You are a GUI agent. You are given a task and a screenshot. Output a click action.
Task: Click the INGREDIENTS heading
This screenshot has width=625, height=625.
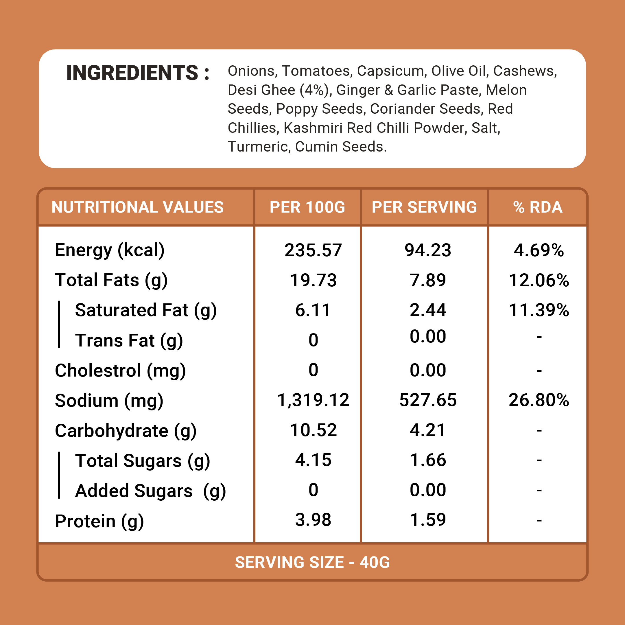137,73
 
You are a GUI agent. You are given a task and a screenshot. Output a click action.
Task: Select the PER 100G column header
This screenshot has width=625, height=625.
307,207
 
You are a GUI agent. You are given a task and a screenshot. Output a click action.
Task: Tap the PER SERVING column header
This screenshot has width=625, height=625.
424,207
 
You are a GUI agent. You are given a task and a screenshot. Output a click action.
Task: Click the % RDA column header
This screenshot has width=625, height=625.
538,207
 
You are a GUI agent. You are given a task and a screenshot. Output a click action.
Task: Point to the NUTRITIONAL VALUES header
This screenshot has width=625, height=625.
137,207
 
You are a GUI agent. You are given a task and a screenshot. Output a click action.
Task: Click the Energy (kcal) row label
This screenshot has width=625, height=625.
110,250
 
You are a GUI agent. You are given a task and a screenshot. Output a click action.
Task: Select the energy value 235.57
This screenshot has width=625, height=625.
313,250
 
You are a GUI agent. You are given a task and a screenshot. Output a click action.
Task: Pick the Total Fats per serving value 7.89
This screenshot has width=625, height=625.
428,280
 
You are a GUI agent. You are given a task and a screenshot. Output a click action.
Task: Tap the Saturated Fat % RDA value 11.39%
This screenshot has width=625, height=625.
539,310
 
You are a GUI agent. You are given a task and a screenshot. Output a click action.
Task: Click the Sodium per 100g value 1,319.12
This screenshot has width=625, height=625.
313,400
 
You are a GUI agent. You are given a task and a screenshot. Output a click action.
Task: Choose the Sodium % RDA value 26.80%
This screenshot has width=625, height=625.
539,400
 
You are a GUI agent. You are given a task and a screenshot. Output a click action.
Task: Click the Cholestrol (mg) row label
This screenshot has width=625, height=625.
120,370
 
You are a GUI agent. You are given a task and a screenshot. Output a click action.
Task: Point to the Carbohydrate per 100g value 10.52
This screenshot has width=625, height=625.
313,430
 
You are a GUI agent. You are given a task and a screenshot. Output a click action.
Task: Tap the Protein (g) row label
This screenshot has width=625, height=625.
99,521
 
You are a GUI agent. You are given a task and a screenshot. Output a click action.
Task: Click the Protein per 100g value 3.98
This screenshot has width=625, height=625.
313,519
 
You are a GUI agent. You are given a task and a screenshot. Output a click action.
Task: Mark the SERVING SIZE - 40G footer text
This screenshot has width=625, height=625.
312,562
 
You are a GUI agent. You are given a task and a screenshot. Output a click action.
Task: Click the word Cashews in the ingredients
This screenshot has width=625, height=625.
525,71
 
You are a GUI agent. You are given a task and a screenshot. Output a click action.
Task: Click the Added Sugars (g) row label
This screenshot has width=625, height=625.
150,491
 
